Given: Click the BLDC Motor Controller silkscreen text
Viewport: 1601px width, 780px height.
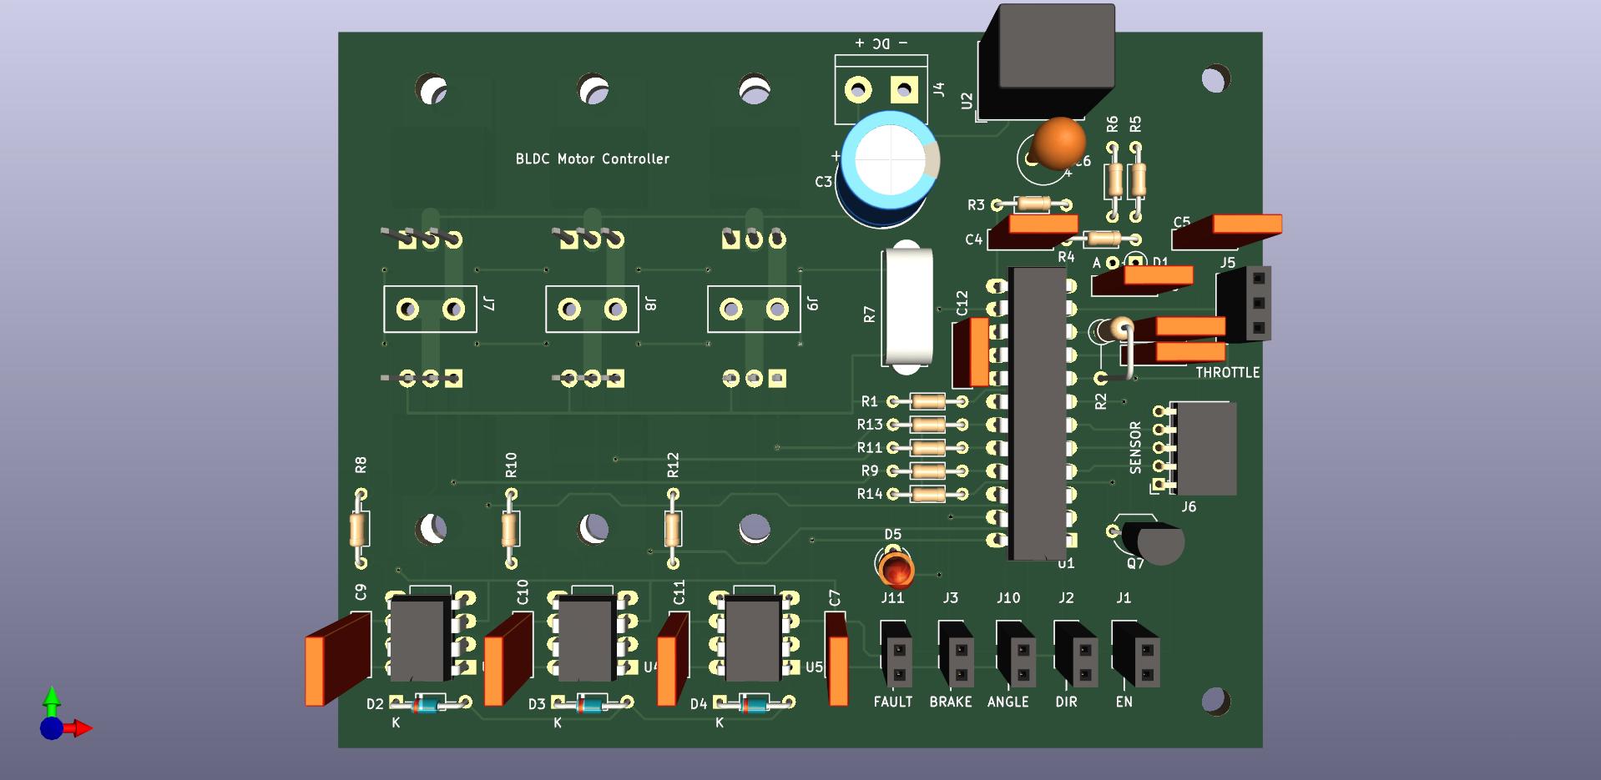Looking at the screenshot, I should point(592,159).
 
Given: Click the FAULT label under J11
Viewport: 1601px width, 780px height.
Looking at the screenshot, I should point(892,702).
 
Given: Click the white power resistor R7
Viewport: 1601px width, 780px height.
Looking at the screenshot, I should point(907,306).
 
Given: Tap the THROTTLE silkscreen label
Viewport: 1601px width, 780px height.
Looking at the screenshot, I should point(1227,372).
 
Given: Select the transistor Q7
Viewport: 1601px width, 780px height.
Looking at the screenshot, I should point(1156,542).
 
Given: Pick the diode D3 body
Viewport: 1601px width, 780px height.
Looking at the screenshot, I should point(592,705).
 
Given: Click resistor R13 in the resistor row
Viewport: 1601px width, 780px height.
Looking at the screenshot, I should point(927,425).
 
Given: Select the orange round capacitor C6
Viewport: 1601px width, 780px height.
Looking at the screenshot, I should point(1058,143).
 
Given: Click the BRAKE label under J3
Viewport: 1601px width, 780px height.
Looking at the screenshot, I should point(951,702).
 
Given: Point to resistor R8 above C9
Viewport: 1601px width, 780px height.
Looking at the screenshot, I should point(360,529).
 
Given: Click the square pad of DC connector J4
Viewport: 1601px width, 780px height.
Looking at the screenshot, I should point(904,88).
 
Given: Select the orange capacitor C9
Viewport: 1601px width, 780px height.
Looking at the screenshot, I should point(337,660).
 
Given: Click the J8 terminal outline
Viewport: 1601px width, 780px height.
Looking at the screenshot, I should point(592,309).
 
